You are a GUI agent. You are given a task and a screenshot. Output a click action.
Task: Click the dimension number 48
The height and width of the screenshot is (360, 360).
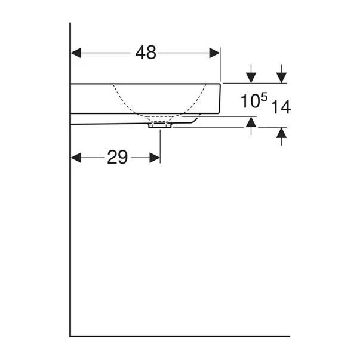(146, 53)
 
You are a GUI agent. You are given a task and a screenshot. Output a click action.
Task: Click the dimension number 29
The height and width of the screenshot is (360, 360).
(118, 157)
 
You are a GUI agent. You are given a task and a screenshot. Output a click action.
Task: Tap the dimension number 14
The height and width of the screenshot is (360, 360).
(281, 107)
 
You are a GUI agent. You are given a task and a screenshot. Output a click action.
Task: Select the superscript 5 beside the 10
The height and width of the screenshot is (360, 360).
(264, 97)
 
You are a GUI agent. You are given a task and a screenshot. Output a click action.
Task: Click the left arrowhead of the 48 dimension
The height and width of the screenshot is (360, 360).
(76, 53)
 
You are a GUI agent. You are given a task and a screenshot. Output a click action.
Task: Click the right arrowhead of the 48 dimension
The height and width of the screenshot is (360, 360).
(214, 53)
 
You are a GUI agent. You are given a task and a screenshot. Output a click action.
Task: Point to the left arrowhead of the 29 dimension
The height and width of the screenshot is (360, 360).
(76, 158)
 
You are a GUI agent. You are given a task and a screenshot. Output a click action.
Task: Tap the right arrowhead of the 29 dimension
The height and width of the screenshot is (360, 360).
(155, 158)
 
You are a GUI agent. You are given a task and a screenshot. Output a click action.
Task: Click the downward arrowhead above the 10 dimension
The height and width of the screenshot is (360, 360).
(251, 78)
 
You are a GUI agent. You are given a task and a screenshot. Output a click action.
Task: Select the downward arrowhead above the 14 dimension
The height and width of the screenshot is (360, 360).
(281, 78)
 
